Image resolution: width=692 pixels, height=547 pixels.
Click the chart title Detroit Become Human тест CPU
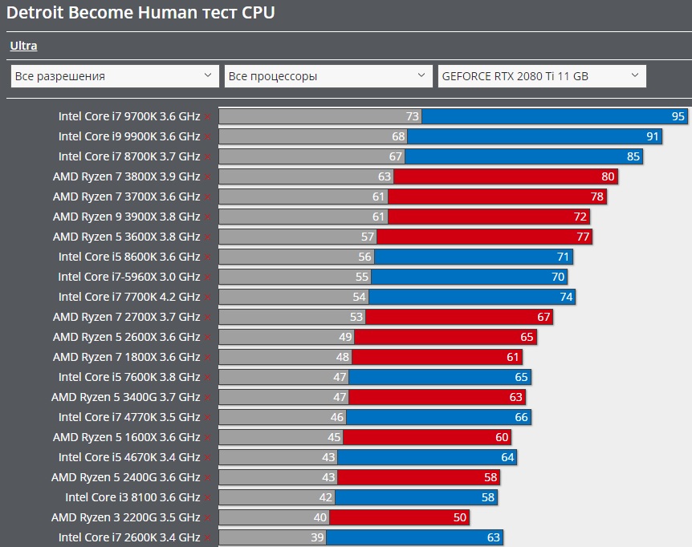[x=140, y=14]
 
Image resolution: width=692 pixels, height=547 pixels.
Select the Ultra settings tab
[x=23, y=46]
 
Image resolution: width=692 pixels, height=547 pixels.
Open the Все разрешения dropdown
[x=115, y=76]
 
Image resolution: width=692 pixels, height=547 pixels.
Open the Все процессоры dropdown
[x=328, y=76]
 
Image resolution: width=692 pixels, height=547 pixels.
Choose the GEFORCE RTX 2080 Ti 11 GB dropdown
[x=542, y=76]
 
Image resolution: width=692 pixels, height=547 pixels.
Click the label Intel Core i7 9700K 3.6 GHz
[x=129, y=116]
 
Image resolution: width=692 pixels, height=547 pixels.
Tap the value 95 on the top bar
[x=678, y=116]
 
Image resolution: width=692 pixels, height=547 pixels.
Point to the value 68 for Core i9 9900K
[x=399, y=136]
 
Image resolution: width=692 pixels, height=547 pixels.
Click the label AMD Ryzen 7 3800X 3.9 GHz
[x=126, y=176]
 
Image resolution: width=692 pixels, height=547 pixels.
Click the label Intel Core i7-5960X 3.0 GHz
[x=129, y=277]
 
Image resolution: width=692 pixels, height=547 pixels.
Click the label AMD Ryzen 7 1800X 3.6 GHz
[x=126, y=357]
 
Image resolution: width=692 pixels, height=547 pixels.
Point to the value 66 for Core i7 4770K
[x=523, y=417]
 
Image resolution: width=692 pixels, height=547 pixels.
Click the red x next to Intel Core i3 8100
[x=207, y=498]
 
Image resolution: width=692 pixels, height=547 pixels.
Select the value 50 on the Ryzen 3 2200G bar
[x=460, y=517]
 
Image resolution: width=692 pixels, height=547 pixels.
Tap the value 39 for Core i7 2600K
[x=318, y=537]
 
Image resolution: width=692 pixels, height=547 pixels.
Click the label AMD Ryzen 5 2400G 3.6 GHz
[x=125, y=477]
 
